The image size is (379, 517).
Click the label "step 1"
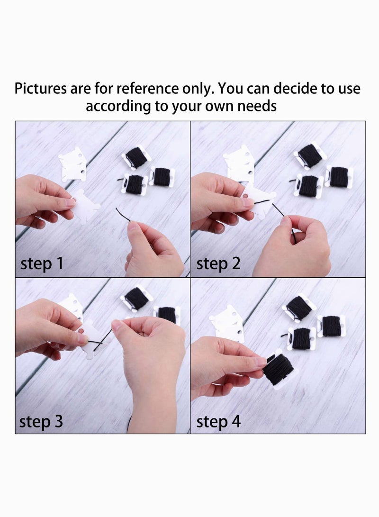coord(42,264)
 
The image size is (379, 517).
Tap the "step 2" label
coord(218,264)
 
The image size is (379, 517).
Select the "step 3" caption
coord(41,421)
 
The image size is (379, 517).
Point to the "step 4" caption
coord(218,421)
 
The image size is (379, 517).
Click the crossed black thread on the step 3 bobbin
coord(101,342)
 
